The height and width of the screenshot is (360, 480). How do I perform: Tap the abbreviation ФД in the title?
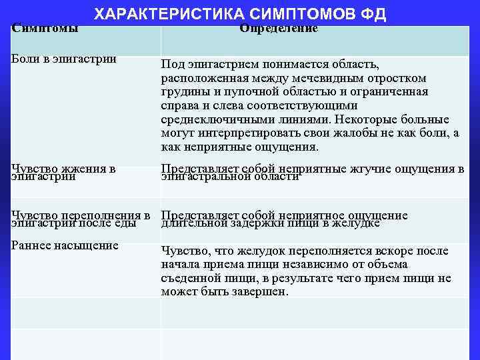coord(373,15)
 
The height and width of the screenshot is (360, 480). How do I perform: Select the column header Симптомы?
coord(45,28)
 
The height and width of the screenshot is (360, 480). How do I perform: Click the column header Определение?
coord(279,28)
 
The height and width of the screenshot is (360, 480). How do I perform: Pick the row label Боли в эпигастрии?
coord(64,59)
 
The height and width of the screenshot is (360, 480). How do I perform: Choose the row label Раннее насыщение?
coord(65,245)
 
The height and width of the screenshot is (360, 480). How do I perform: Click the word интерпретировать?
coord(239,133)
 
